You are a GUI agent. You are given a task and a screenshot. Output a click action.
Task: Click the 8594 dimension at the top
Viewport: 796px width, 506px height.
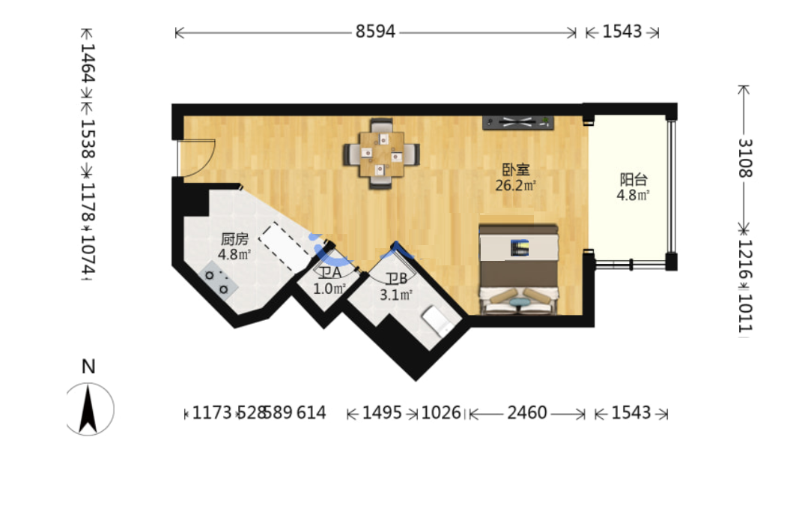pyautogui.click(x=375, y=31)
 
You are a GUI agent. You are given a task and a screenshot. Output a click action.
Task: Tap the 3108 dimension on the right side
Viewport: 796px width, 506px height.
pyautogui.click(x=745, y=158)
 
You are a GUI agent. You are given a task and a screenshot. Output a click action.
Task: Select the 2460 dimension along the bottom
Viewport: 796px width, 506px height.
pyautogui.click(x=527, y=412)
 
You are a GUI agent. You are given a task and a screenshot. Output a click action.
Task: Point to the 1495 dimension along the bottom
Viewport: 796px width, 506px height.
pyautogui.click(x=382, y=412)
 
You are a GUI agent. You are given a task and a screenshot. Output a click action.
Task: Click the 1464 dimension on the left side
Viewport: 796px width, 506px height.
pyautogui.click(x=88, y=63)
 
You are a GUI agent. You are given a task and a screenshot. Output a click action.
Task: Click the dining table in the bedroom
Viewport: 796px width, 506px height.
pyautogui.click(x=381, y=154)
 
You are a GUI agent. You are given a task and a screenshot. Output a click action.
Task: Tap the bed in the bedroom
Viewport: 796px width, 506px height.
pyautogui.click(x=518, y=269)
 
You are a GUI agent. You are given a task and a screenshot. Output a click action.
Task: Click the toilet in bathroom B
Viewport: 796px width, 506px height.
pyautogui.click(x=437, y=320)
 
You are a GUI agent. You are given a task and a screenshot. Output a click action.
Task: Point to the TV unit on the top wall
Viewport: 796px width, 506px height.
pyautogui.click(x=517, y=122)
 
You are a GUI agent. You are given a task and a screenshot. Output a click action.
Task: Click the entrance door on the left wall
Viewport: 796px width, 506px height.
pyautogui.click(x=196, y=158)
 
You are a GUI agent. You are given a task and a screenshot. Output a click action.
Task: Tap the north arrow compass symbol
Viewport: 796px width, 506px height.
pyautogui.click(x=89, y=409)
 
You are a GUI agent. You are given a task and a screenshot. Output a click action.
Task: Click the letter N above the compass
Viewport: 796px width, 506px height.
pyautogui.click(x=88, y=367)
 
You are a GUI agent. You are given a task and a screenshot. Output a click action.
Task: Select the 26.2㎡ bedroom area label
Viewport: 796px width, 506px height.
pyautogui.click(x=515, y=185)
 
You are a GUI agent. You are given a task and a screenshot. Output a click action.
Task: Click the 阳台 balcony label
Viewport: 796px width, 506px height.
pyautogui.click(x=634, y=179)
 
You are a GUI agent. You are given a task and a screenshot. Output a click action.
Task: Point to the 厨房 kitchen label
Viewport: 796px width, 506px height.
pyautogui.click(x=234, y=239)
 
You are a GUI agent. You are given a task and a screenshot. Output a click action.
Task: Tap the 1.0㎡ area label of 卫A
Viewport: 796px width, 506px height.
pyautogui.click(x=329, y=289)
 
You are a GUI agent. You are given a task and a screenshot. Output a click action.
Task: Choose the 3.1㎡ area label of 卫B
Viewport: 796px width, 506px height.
pyautogui.click(x=396, y=295)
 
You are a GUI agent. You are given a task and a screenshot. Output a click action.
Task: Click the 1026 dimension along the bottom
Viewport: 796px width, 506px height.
pyautogui.click(x=440, y=412)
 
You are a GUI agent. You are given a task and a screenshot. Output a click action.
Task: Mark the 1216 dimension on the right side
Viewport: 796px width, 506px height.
pyautogui.click(x=745, y=259)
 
